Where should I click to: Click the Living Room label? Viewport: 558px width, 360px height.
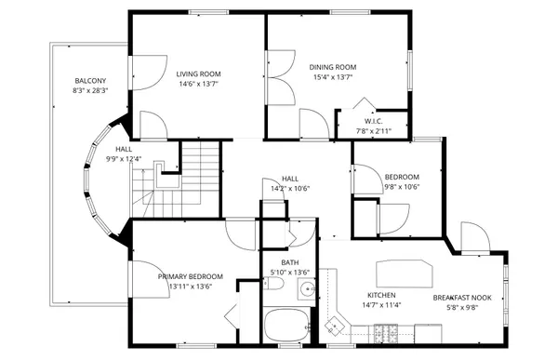click(x=198, y=73)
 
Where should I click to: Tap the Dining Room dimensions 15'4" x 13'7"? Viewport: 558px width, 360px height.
click(x=333, y=77)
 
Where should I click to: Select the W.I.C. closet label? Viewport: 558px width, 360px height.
click(x=374, y=121)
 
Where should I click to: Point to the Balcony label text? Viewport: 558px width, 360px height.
click(x=90, y=81)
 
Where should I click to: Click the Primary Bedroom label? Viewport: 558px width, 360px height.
click(x=190, y=276)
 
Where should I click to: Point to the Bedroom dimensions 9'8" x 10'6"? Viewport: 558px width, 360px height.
click(x=402, y=186)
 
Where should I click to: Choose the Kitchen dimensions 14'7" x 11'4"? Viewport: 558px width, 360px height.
click(x=381, y=304)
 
